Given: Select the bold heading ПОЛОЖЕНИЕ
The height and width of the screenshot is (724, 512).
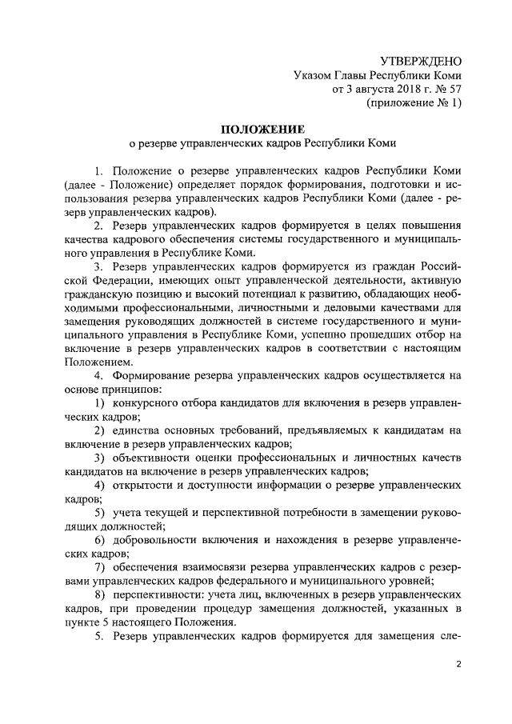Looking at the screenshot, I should (263, 129).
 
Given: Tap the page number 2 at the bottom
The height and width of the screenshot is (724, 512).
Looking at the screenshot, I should (459, 663).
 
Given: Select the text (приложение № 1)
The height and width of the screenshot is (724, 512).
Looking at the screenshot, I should (414, 103).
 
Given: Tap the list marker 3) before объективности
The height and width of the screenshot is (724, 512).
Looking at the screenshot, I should (100, 458).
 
